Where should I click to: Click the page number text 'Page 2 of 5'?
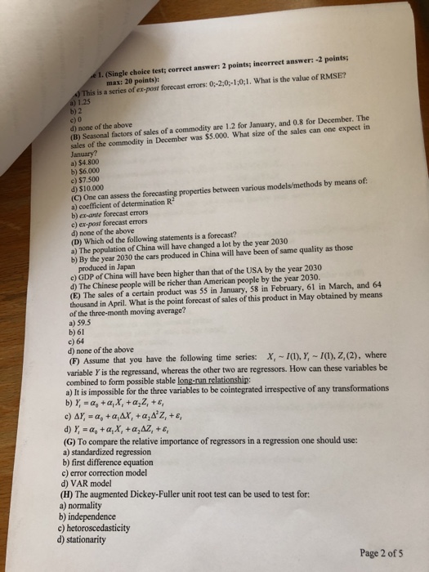pos(381,552)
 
